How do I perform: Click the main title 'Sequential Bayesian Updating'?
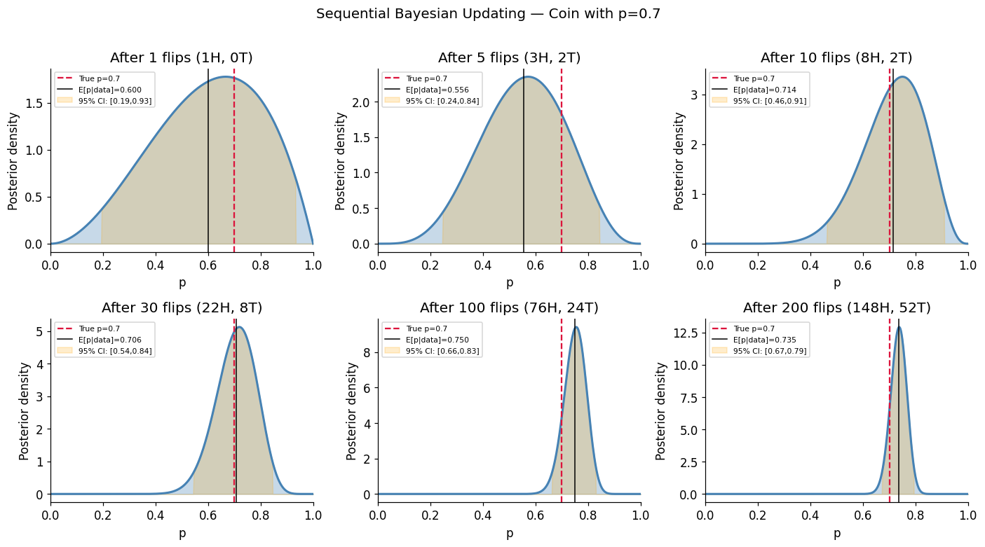[488, 14]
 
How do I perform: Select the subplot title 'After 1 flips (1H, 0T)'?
[182, 58]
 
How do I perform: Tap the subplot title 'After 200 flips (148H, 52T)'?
[836, 308]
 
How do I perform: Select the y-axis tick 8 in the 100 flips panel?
[365, 353]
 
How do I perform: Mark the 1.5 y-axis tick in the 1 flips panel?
[33, 103]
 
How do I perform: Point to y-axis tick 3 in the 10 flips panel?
[693, 95]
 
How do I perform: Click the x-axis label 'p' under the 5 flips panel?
[509, 282]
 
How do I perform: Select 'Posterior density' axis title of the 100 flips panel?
[352, 411]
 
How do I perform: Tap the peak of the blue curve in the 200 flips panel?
[899, 327]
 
